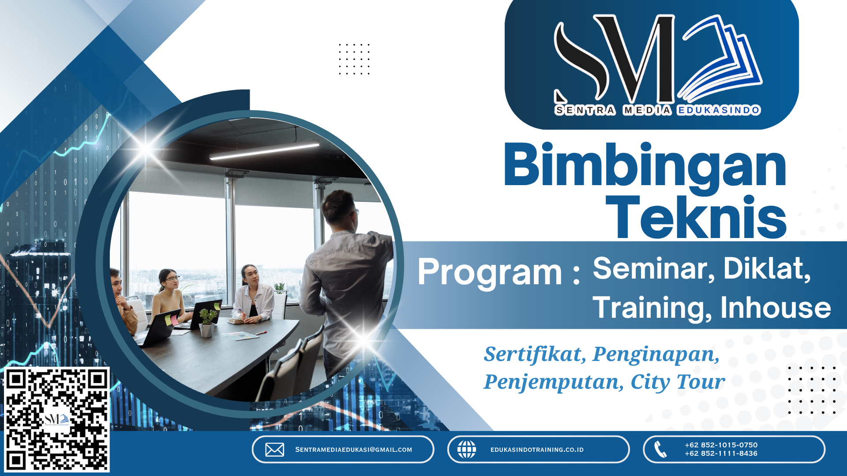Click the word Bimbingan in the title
coord(645,167)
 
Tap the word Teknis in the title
coord(696,218)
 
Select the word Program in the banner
coord(490,272)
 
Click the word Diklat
coord(767,269)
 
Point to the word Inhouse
coord(776,308)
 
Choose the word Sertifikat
coord(535,354)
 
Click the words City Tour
coord(678,382)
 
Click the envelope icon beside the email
coord(274,450)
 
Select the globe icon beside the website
coord(466,450)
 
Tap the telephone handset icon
coord(660,450)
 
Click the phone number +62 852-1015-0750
coord(721,445)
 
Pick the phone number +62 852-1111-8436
coord(721,454)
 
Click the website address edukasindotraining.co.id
coord(537,450)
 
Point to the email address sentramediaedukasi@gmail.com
coord(353,450)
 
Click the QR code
coord(56,420)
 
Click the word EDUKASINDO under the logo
coord(719,110)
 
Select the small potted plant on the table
coord(207,322)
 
